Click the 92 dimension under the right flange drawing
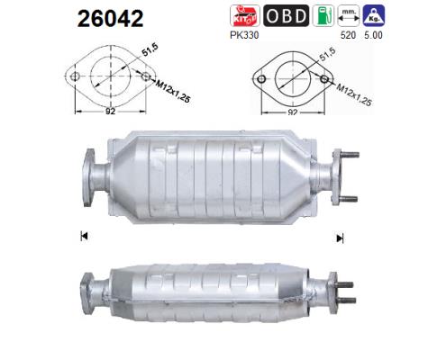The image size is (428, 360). click(296, 114)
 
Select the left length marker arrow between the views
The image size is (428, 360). click(84, 238)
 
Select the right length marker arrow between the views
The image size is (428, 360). click(340, 238)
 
